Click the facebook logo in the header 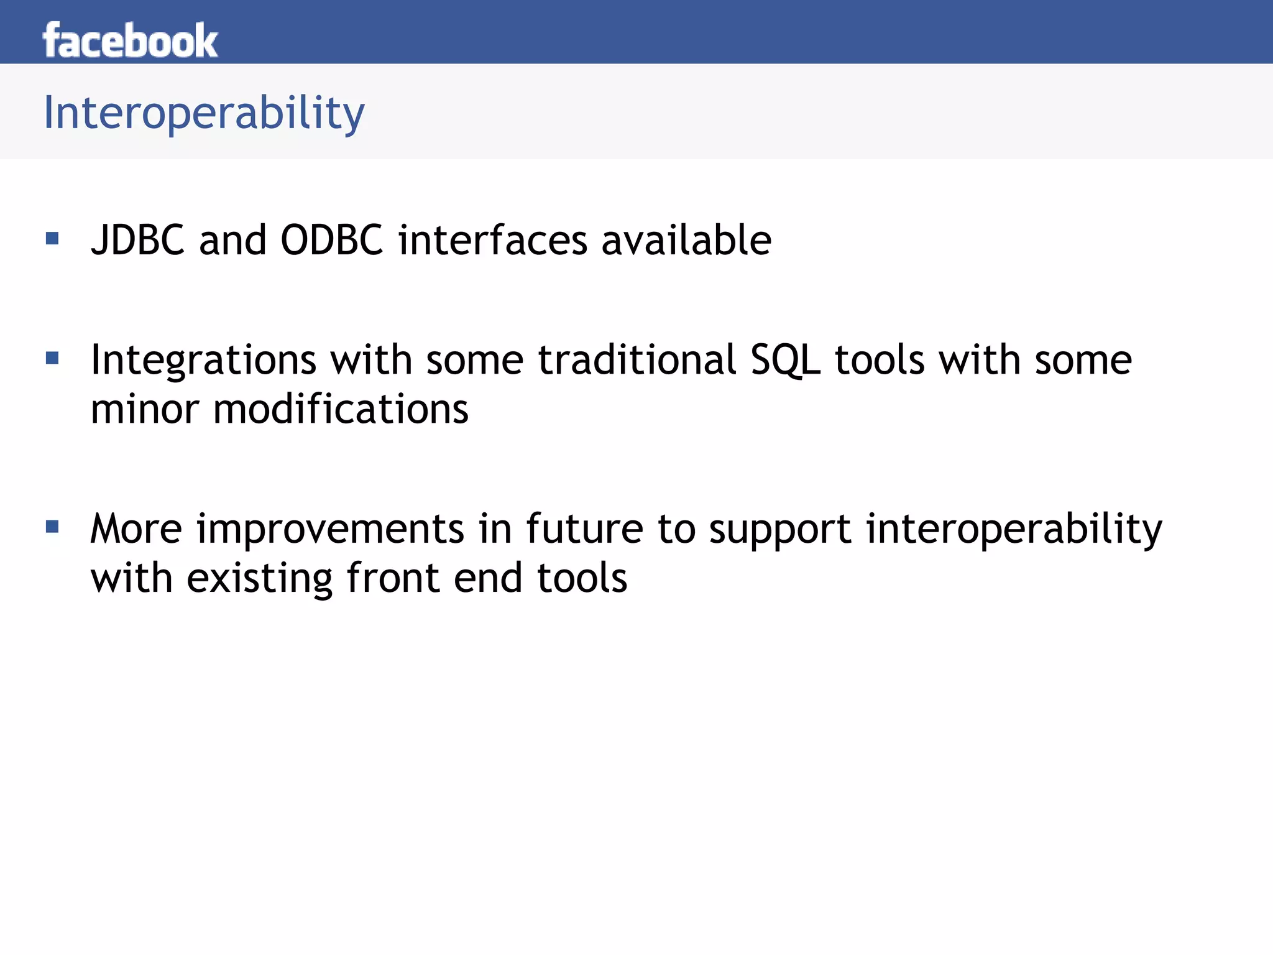(x=130, y=41)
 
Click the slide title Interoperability (x=204, y=113)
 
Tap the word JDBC (x=137, y=240)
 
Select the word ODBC (x=331, y=240)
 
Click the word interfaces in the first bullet (x=492, y=240)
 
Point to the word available (x=686, y=240)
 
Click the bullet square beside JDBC (x=52, y=238)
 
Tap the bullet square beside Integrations (x=52, y=358)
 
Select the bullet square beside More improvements (x=52, y=527)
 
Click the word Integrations (x=203, y=361)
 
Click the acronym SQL (x=785, y=361)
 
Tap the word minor (x=144, y=410)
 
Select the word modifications (x=341, y=410)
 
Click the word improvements (x=330, y=530)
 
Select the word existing (x=259, y=579)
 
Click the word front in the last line (x=393, y=578)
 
